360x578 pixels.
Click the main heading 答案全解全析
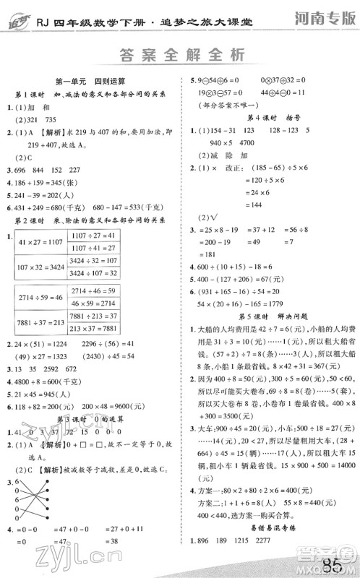point(181,56)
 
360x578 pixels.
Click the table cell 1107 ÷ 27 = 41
point(93,236)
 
